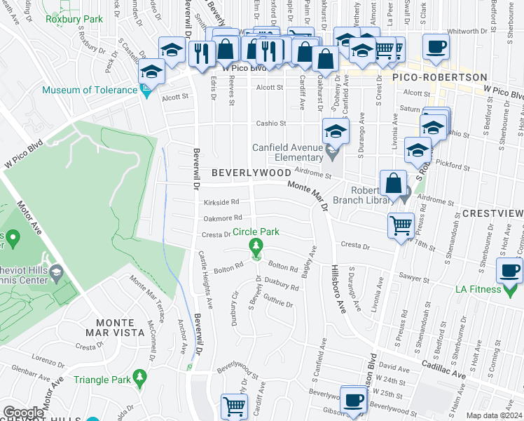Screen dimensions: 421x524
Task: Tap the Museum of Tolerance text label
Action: click(90, 90)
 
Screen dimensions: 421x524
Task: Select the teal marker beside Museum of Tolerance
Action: click(146, 91)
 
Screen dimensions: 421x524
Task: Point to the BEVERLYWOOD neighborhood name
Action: click(241, 173)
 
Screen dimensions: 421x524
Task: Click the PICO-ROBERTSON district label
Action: click(439, 76)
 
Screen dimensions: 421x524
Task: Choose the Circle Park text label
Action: click(256, 232)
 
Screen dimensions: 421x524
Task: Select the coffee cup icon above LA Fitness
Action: click(509, 270)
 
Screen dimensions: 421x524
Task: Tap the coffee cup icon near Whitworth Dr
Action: click(435, 46)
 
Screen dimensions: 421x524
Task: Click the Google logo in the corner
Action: click(22, 413)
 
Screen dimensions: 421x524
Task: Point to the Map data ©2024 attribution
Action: click(494, 415)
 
